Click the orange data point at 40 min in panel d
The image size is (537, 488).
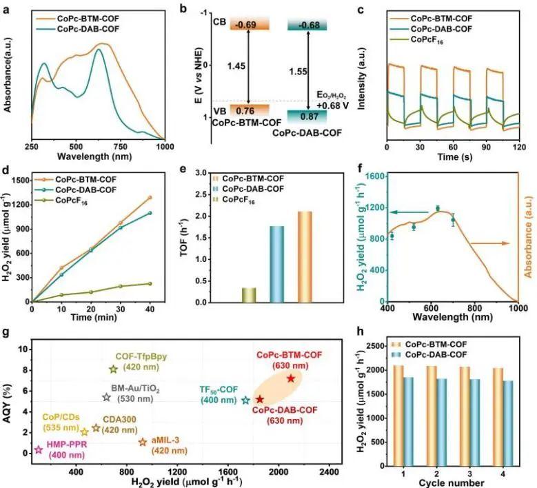click(150, 198)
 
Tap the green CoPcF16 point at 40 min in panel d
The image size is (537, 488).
click(150, 283)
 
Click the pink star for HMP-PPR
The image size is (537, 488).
click(39, 450)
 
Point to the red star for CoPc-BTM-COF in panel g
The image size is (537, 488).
click(291, 378)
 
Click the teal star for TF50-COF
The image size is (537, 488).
click(245, 400)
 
